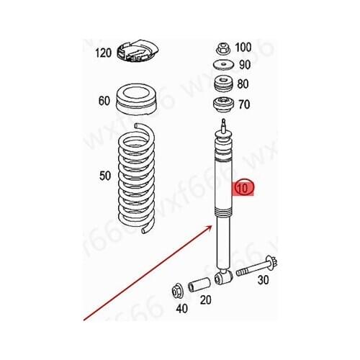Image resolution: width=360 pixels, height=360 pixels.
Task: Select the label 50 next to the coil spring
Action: click(104, 175)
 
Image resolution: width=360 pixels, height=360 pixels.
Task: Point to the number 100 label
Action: click(243, 48)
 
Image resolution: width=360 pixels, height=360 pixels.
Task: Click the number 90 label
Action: click(243, 66)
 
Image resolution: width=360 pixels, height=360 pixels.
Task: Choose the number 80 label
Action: click(243, 84)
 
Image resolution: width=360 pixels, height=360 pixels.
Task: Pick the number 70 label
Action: click(243, 104)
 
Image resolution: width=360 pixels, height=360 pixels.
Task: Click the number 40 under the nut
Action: click(181, 310)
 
